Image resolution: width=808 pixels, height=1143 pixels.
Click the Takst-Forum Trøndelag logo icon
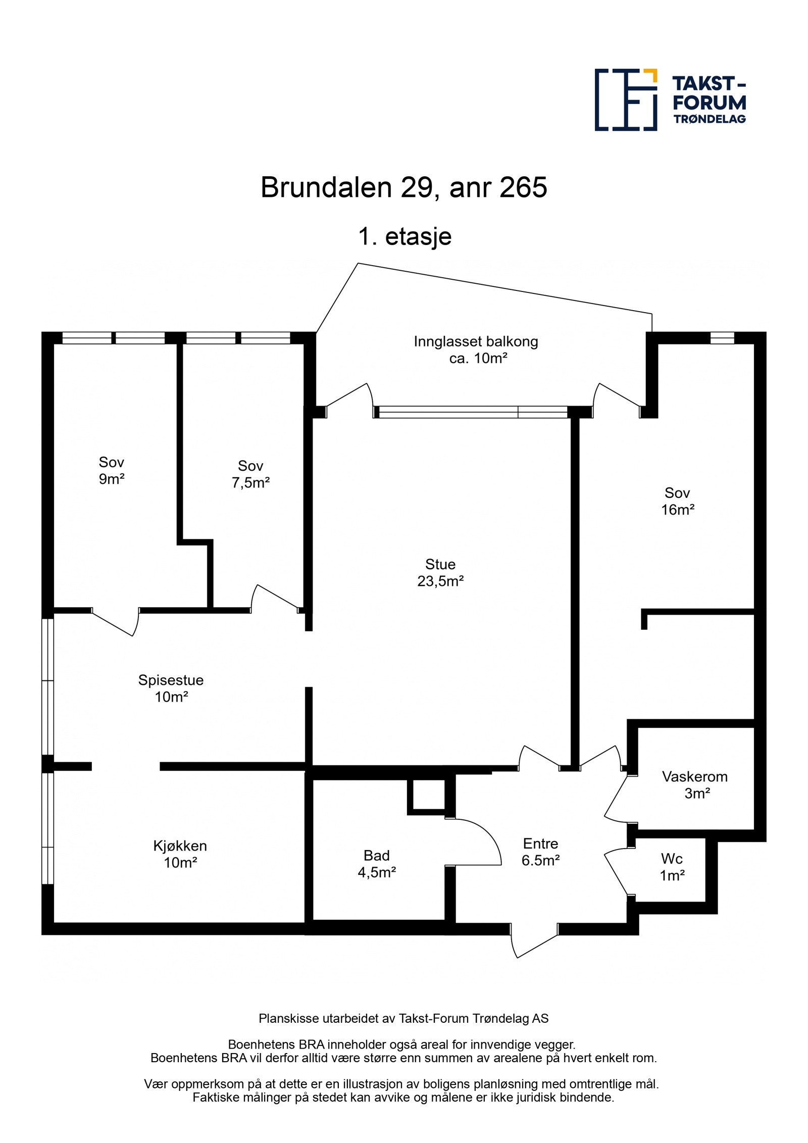[x=625, y=100]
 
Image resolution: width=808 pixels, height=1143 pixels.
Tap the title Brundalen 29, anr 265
[x=403, y=187]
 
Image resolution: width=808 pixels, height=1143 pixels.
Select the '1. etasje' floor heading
[x=405, y=236]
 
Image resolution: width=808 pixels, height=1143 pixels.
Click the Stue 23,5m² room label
[x=440, y=572]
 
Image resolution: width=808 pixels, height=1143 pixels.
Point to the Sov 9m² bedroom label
[x=111, y=470]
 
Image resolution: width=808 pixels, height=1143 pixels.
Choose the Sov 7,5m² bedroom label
[x=250, y=474]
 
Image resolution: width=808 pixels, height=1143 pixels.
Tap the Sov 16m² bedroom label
[x=677, y=501]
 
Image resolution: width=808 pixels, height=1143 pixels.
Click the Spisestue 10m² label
[x=171, y=688]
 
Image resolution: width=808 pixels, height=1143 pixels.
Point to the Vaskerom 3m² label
[x=694, y=784]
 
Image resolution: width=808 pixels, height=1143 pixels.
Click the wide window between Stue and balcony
[x=472, y=412]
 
